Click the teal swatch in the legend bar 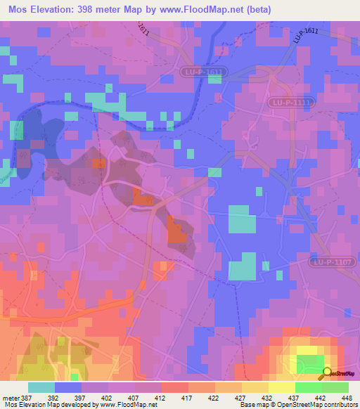tap(41, 387)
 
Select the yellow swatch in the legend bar tap(281, 387)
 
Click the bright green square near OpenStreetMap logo tap(308, 364)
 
